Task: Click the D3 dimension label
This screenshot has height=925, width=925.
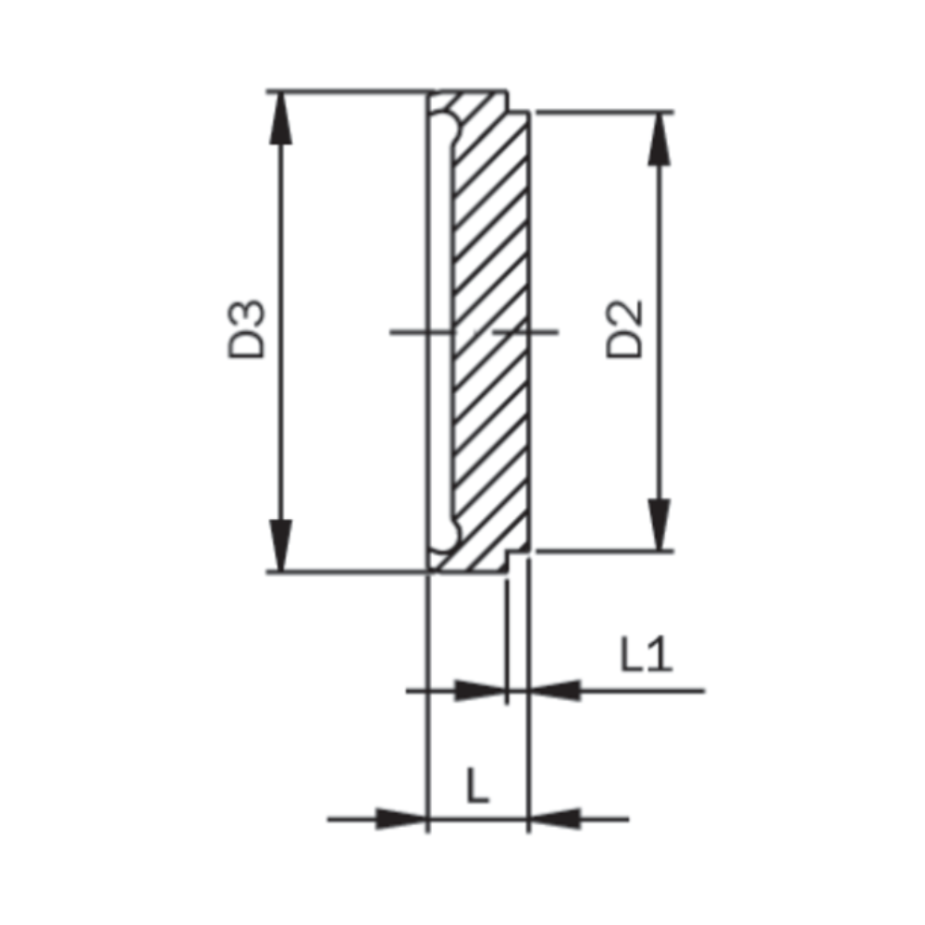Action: (x=248, y=329)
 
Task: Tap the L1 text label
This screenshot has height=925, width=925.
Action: (x=647, y=656)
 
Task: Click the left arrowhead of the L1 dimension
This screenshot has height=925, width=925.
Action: (x=482, y=690)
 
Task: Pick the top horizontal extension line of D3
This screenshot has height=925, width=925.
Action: (x=351, y=92)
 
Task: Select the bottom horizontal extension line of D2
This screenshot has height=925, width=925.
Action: (x=601, y=552)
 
